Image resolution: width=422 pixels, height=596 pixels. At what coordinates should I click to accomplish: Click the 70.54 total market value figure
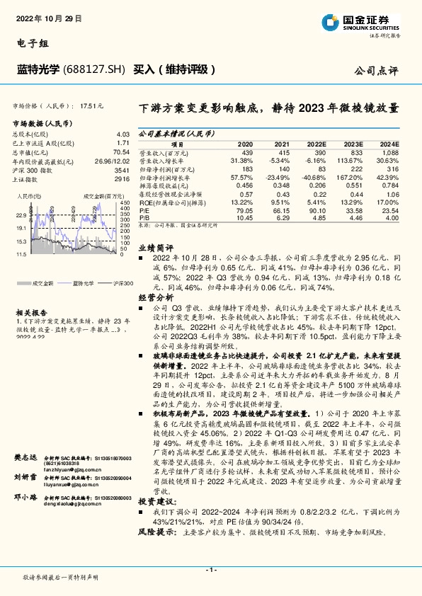click(x=122, y=152)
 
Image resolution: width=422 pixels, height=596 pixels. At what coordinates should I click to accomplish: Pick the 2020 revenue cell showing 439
click(x=246, y=153)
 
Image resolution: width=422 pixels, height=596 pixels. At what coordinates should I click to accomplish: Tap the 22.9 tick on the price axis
click(x=21, y=215)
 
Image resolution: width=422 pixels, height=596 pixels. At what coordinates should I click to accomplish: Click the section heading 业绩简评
click(x=154, y=248)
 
